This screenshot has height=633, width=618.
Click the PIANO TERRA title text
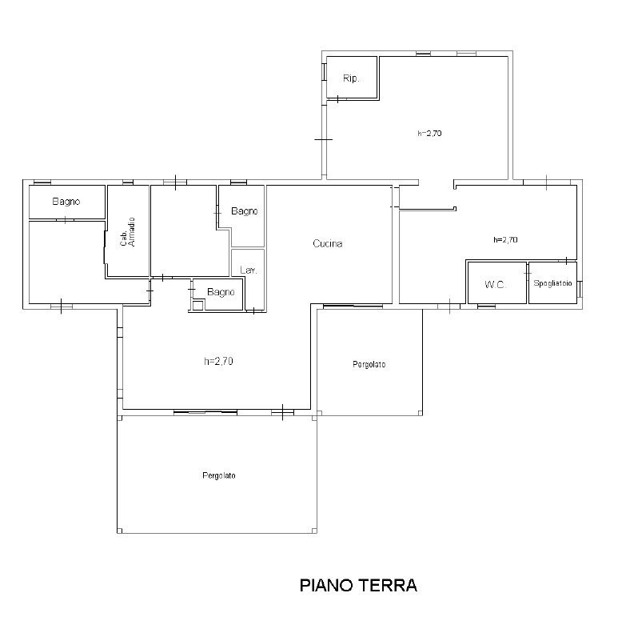point(358,585)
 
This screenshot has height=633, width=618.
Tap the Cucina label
point(328,243)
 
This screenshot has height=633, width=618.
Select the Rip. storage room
point(351,78)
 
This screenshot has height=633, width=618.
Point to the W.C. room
point(496,282)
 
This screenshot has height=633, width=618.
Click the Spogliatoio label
point(552,283)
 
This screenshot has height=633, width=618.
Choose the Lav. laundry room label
point(249,270)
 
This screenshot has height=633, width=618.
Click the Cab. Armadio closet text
point(128,232)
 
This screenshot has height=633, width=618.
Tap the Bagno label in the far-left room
point(66,202)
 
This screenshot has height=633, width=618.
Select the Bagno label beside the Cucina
point(245,211)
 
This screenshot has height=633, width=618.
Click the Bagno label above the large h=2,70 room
point(221,292)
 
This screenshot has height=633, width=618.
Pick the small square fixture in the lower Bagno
point(197,305)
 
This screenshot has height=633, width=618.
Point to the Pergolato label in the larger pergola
point(219,475)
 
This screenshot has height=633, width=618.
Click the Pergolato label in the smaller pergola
point(369,365)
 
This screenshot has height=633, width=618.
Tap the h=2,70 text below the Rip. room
point(429,133)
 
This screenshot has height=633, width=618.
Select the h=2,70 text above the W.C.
point(505,239)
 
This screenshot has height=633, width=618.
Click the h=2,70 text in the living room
point(218,361)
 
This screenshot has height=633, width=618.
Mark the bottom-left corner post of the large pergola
point(120,531)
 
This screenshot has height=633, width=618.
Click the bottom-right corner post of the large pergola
point(314,531)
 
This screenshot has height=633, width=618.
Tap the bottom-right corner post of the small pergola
point(420,413)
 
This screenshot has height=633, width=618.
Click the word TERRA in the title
point(387,585)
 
